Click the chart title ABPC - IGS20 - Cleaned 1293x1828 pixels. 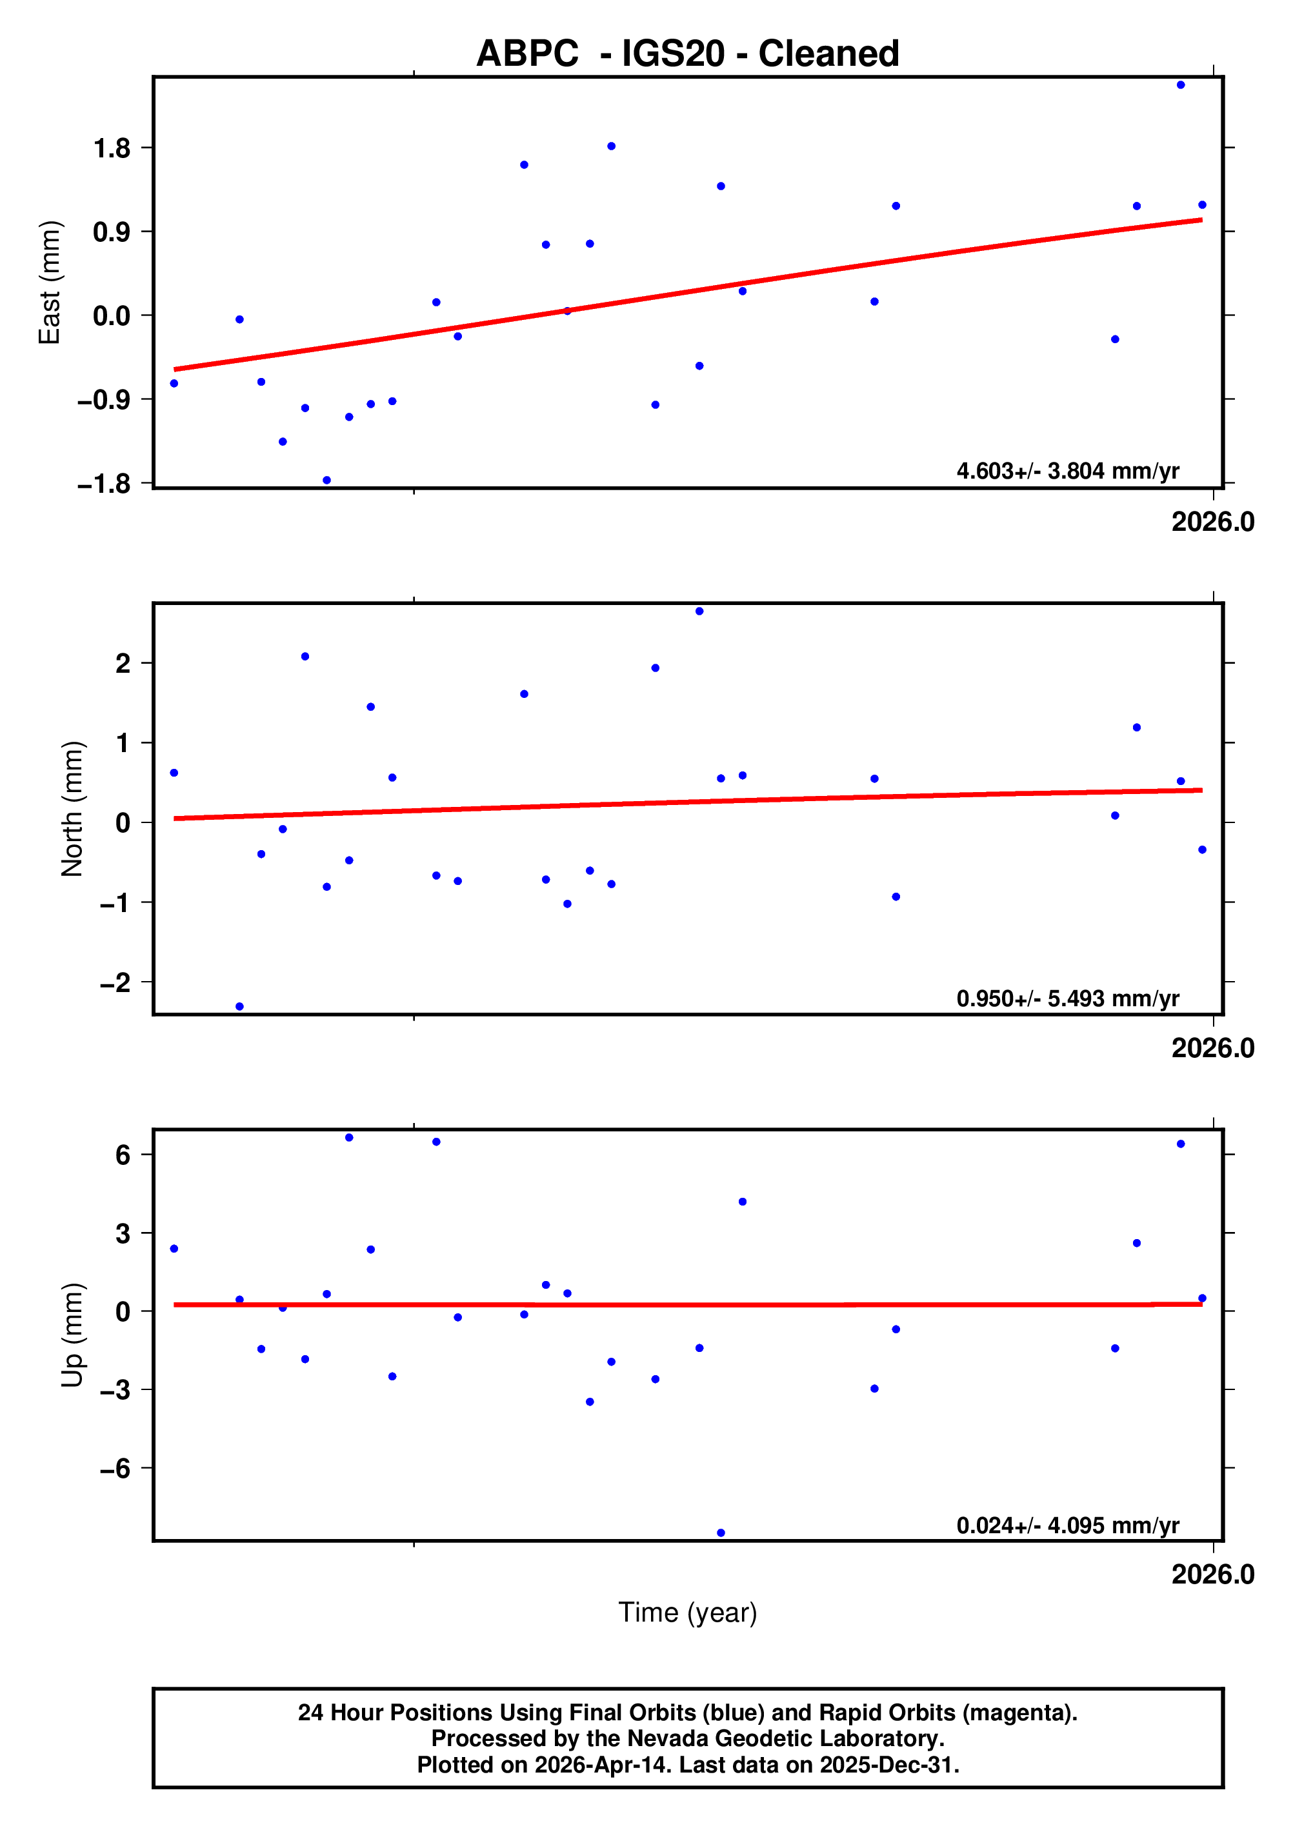coord(687,54)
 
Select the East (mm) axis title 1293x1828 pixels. coord(50,283)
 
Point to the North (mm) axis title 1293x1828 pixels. coord(72,808)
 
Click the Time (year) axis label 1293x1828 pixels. coord(687,1612)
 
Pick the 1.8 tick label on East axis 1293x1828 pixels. coord(112,148)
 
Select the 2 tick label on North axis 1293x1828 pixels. coord(123,663)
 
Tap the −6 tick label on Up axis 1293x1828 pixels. coord(115,1468)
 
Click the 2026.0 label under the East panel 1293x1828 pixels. coord(1212,522)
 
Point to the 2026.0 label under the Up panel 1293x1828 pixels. coord(1212,1575)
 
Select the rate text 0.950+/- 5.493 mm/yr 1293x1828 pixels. coord(1068,998)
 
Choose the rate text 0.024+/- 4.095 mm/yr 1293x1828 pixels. coord(1068,1525)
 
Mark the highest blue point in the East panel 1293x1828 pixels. coord(1181,85)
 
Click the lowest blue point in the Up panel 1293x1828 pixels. coord(721,1533)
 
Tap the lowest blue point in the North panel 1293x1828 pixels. coord(239,1006)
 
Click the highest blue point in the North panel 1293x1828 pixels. coord(699,611)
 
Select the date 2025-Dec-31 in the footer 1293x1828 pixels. coord(887,1765)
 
